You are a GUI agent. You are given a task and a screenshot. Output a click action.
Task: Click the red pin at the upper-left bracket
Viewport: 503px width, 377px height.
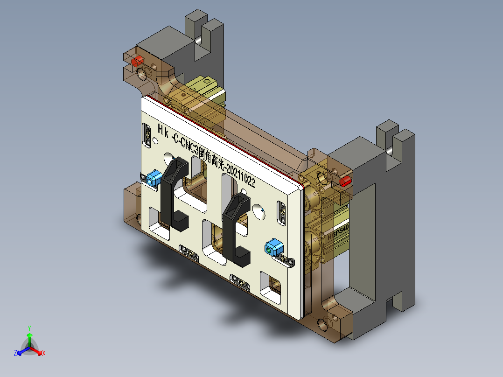pos(137,62)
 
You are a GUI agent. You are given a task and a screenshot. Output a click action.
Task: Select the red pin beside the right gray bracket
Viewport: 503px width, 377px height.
pos(346,181)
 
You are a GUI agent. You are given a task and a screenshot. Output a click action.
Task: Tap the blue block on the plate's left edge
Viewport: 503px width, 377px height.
pos(154,178)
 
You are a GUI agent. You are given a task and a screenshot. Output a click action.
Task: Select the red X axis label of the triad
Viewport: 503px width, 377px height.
pos(44,354)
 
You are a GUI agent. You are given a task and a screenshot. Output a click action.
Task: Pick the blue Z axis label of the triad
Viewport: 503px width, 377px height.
pos(15,354)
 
